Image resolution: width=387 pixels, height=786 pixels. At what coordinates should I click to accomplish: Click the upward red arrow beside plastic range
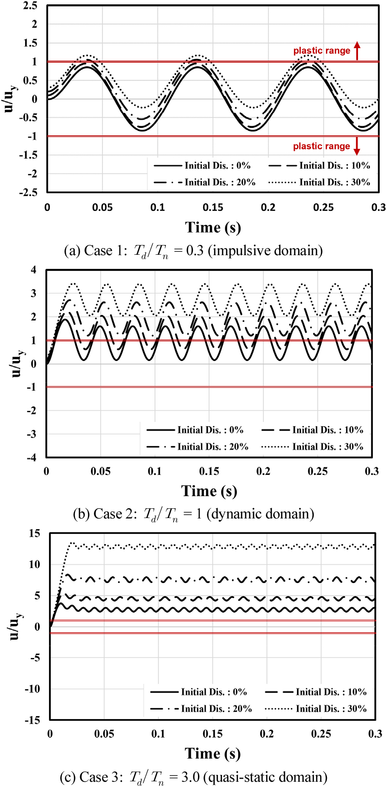[357, 51]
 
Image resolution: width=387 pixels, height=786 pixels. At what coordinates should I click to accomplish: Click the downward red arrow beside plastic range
[357, 146]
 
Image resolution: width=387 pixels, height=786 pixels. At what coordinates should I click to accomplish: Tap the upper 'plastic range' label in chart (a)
[321, 51]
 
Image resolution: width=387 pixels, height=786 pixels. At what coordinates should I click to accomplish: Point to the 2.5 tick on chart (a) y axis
[30, 6]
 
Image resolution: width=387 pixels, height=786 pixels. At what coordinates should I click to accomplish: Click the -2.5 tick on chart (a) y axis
[28, 192]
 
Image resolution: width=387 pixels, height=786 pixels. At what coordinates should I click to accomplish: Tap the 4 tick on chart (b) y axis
[34, 270]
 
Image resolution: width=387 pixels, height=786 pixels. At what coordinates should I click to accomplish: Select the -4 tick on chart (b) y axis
[32, 457]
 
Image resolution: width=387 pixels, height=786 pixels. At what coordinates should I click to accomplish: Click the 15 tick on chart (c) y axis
[35, 533]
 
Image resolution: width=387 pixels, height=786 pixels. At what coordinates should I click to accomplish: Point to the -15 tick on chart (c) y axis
[33, 720]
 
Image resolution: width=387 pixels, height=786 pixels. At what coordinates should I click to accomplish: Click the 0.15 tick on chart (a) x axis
[213, 207]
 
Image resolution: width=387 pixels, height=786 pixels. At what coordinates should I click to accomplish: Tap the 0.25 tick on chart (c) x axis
[321, 734]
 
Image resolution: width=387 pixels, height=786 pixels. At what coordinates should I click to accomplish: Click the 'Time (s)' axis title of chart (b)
[209, 491]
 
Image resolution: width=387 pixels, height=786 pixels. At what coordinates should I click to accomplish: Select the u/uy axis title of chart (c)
[15, 626]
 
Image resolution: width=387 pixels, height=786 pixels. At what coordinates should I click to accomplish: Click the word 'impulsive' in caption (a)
[239, 250]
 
